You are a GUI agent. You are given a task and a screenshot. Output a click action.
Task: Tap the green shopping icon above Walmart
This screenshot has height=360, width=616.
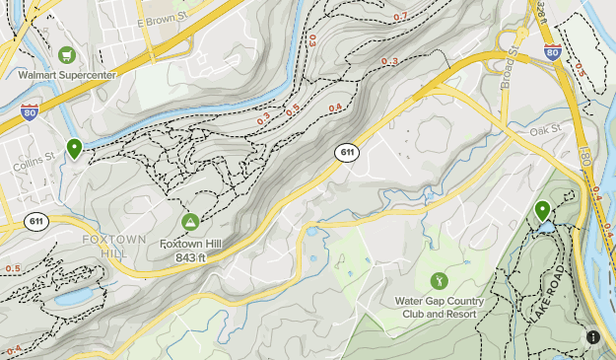tap(66, 54)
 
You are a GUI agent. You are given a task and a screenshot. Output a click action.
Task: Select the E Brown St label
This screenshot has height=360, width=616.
tap(163, 20)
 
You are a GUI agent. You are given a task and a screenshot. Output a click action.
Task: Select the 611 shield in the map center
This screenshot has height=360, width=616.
tap(346, 152)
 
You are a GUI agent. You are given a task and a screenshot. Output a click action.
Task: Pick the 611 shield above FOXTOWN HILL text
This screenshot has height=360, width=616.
tap(36, 220)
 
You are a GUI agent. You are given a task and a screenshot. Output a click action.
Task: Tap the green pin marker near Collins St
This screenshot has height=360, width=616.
tap(74, 149)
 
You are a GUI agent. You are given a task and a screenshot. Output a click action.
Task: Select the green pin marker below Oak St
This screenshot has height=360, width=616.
tap(542, 210)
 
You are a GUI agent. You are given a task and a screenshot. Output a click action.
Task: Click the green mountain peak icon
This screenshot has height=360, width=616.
tap(190, 220)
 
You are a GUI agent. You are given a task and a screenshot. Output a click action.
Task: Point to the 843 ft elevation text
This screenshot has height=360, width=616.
tap(190, 258)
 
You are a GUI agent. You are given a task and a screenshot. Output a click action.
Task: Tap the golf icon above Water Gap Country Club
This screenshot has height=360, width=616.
tap(439, 281)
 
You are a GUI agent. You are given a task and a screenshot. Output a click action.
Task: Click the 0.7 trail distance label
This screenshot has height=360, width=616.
tap(400, 17)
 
